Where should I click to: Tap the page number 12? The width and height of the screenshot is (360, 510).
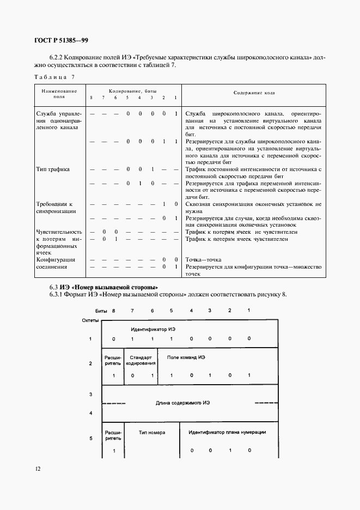37,468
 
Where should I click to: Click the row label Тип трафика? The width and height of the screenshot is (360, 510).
53,169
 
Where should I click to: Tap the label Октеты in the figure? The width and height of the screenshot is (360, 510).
90,320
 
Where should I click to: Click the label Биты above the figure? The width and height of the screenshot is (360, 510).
101,310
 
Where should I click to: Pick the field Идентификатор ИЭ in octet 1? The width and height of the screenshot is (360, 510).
153,330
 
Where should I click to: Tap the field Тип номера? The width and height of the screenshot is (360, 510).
152,432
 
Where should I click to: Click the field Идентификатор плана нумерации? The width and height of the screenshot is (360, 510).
227,432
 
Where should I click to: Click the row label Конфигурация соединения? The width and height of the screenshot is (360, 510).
56,263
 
